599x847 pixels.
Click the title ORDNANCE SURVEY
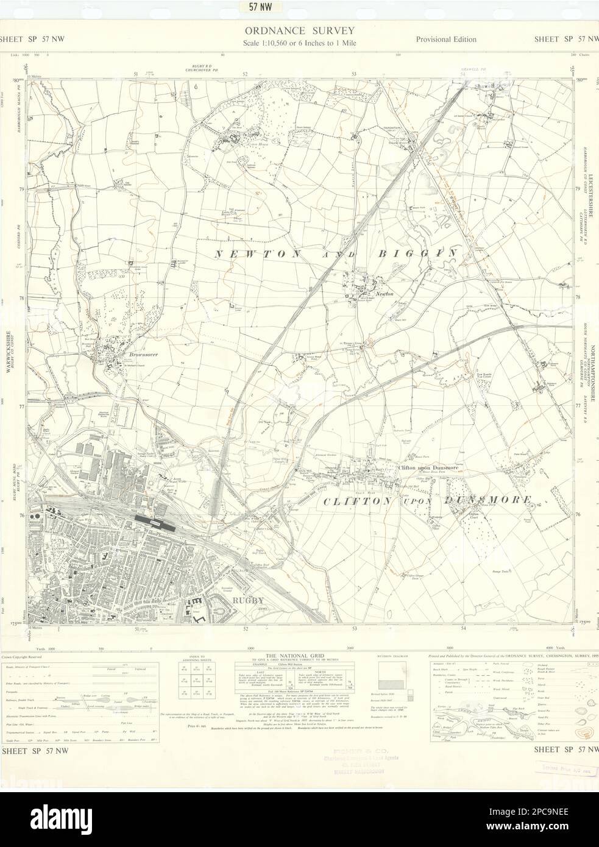click(x=299, y=30)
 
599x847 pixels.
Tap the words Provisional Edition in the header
click(x=446, y=40)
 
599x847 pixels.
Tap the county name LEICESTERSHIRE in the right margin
click(x=590, y=207)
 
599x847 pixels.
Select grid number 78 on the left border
click(x=22, y=298)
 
